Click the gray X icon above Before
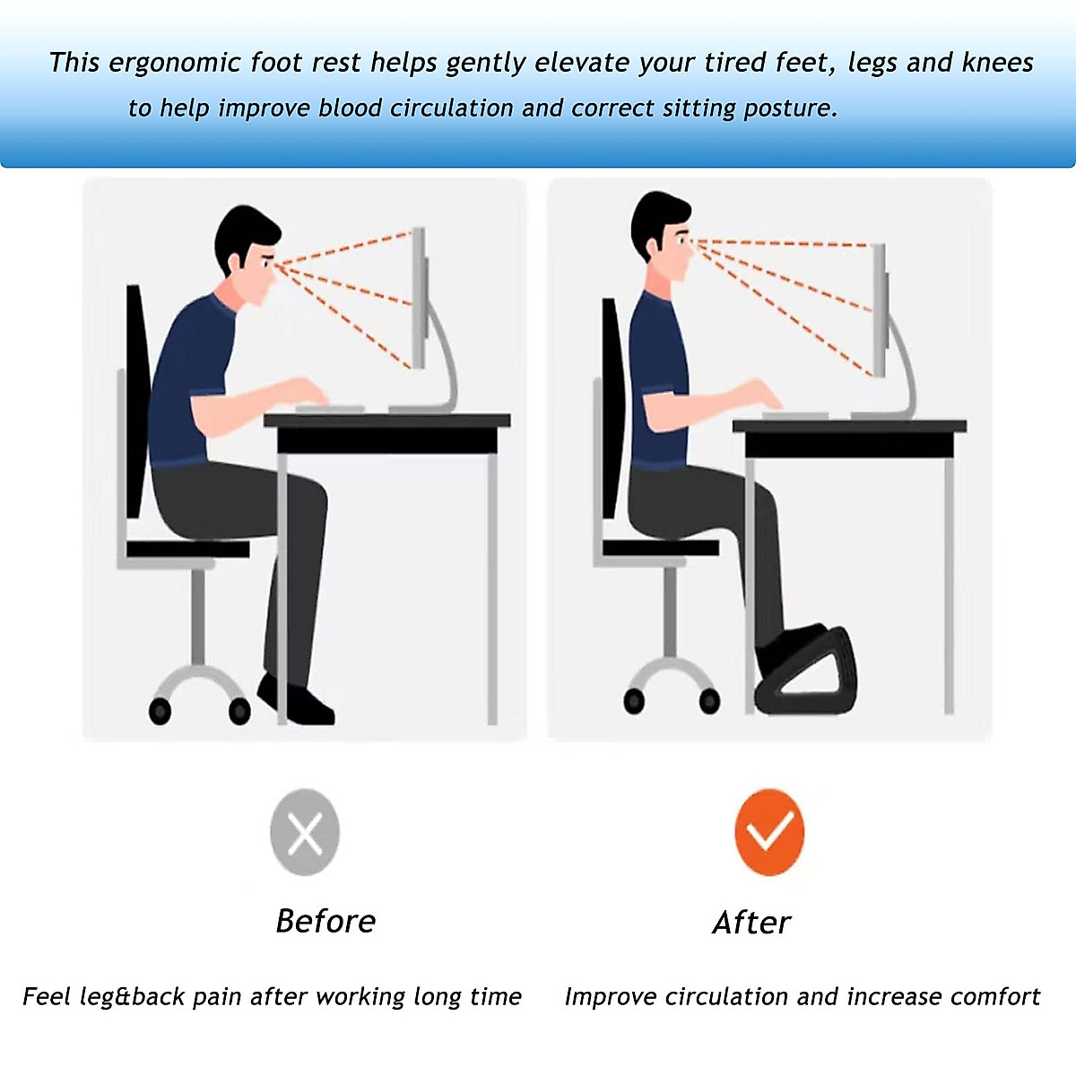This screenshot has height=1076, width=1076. point(305,832)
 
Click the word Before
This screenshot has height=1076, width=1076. point(325,921)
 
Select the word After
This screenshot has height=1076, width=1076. point(751,922)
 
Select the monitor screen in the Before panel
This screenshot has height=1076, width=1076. point(419,296)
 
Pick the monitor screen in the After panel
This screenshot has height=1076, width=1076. point(881,309)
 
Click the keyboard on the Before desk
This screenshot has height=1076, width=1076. point(329,409)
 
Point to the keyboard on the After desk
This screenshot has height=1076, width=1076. point(794,414)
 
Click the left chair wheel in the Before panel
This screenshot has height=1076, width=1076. point(160,711)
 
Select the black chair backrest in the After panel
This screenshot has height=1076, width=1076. point(612,408)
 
